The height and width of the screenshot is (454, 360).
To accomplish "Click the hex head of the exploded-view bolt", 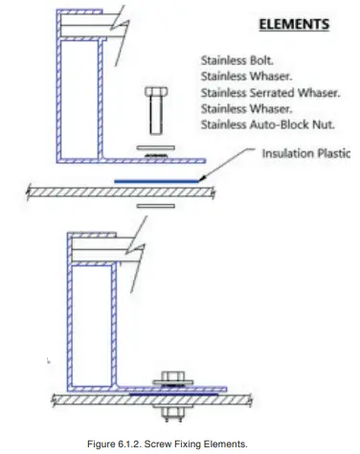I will coord(155,92).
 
